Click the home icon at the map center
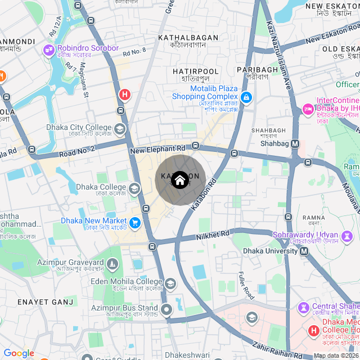pos(179,180)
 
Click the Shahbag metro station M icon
pos(295,144)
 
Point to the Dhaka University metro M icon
pos(304,251)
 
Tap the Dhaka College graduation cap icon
pos(134,188)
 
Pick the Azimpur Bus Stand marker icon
pos(166,309)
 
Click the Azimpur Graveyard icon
pos(112,263)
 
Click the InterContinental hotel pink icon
pos(308,108)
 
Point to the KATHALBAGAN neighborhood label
pos(188,38)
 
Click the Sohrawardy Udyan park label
pos(313,235)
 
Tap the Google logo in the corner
pos(19,353)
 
